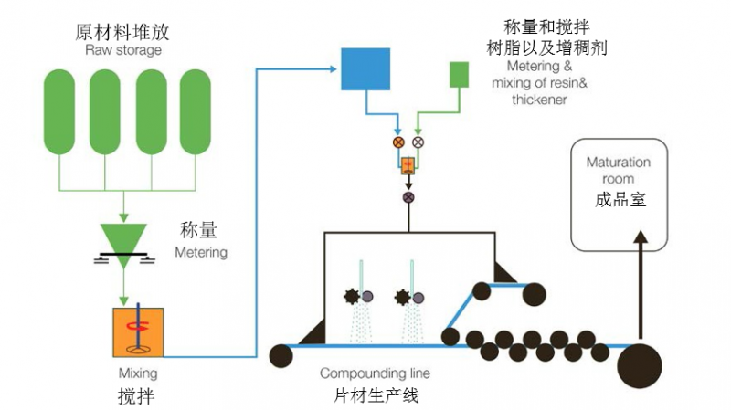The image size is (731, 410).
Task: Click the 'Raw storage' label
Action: click(123, 50)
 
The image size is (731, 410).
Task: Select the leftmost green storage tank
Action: click(59, 111)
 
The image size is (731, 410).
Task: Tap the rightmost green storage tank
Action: click(196, 111)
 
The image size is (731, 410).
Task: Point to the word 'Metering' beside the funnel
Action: click(201, 252)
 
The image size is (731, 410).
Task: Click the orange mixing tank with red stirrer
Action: click(139, 332)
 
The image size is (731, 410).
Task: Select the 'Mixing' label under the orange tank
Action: click(138, 373)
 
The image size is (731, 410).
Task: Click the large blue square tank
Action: click(365, 69)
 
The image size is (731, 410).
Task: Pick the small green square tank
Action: click(460, 75)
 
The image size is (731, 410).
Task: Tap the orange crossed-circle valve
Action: click(398, 142)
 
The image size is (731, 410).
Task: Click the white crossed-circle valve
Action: click(418, 142)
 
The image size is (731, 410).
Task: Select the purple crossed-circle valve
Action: click(408, 197)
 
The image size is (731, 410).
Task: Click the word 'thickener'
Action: click(539, 100)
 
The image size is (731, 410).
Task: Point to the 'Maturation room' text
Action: click(619, 171)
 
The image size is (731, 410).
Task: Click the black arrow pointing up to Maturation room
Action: click(641, 284)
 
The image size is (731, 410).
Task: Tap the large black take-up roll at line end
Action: click(640, 366)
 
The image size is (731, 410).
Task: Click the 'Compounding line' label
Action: click(375, 373)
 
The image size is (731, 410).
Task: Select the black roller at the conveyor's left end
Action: click(281, 356)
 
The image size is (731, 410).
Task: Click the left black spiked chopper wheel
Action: click(352, 297)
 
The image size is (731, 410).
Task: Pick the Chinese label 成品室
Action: click(620, 199)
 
